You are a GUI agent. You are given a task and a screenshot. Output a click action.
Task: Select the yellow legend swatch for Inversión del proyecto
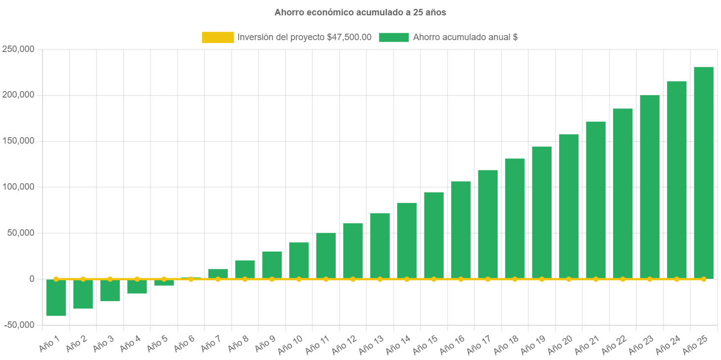click(x=218, y=37)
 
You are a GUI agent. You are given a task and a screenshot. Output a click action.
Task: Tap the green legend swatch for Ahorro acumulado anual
click(x=394, y=37)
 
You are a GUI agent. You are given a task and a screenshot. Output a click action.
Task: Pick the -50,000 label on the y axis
click(x=19, y=325)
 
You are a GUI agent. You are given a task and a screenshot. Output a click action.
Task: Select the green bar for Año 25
click(x=703, y=173)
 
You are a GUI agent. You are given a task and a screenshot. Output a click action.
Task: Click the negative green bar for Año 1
click(x=56, y=297)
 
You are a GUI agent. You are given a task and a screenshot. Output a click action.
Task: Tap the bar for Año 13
click(x=380, y=246)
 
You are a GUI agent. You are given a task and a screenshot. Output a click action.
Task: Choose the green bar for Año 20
click(x=568, y=206)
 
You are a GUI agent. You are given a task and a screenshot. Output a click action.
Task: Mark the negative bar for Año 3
click(x=110, y=290)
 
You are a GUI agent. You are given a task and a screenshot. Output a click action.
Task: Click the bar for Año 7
click(x=218, y=273)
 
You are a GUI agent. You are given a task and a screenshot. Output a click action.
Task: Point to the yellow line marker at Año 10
click(x=299, y=279)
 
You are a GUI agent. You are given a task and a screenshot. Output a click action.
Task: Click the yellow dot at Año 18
click(x=515, y=279)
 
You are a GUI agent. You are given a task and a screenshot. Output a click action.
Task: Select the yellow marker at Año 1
click(x=56, y=279)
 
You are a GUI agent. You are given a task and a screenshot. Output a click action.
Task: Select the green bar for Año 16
click(x=461, y=230)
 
